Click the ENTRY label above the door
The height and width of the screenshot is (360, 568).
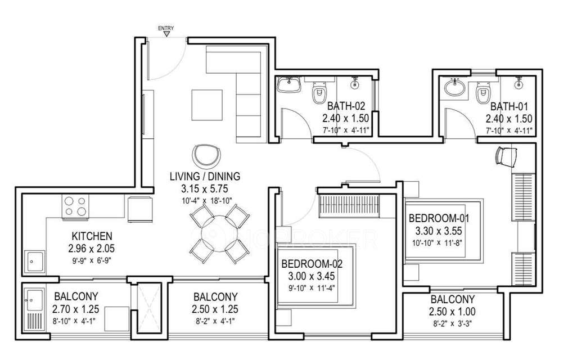pos(166,28)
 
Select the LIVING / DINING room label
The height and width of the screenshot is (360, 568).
pos(205,176)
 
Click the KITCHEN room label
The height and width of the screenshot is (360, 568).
pos(92,236)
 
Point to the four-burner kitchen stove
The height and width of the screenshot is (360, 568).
pos(76,205)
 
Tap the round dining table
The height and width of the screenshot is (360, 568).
pos(218,234)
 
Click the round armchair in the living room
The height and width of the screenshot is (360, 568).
pos(206,155)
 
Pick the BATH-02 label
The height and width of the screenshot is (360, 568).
pos(346,106)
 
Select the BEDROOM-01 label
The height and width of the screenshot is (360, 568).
pos(439,218)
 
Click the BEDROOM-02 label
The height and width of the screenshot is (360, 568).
pos(312,263)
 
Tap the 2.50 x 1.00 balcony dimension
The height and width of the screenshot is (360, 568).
pos(453,312)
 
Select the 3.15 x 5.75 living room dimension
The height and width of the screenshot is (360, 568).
pos(205,189)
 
